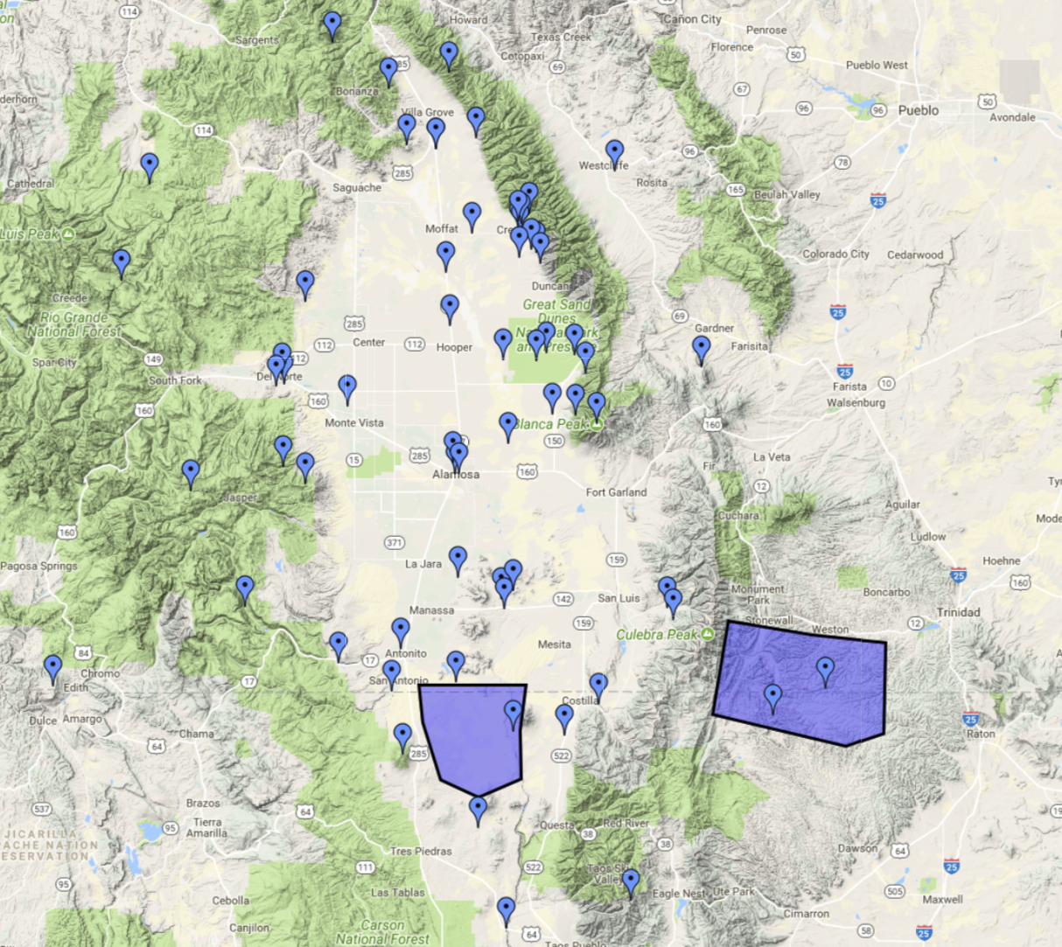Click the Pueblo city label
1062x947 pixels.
[x=918, y=110]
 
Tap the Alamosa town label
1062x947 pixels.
[x=456, y=474]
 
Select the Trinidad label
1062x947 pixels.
[x=958, y=612]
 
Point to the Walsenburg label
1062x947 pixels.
[x=856, y=403]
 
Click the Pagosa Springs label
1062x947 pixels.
[x=38, y=566]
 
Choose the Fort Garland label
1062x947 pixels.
[x=616, y=492]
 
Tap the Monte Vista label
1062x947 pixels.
[x=354, y=423]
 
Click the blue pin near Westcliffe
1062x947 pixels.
[x=615, y=152]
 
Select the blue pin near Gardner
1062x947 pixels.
[x=702, y=348]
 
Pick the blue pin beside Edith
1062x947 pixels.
[x=53, y=667]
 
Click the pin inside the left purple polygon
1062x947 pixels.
[x=514, y=713]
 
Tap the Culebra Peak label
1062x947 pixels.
[x=657, y=634]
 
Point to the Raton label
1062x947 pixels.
[x=981, y=734]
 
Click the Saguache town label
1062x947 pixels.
[x=357, y=187]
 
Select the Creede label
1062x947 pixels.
[x=70, y=298]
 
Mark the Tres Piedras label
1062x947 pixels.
[x=421, y=851]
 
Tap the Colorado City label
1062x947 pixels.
[x=835, y=254]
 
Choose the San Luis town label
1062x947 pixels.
[x=618, y=598]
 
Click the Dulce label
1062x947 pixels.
[x=43, y=721]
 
